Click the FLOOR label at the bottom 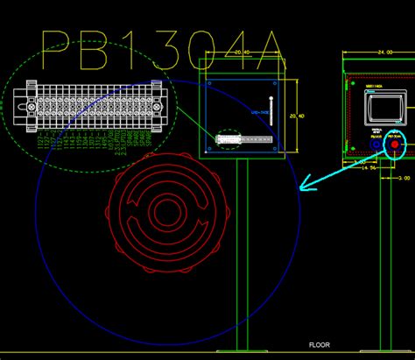[x=319, y=345]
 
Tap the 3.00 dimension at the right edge [x=404, y=177]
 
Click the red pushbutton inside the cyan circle [x=396, y=145]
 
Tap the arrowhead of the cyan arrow [x=303, y=185]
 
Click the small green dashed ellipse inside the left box [x=227, y=138]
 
